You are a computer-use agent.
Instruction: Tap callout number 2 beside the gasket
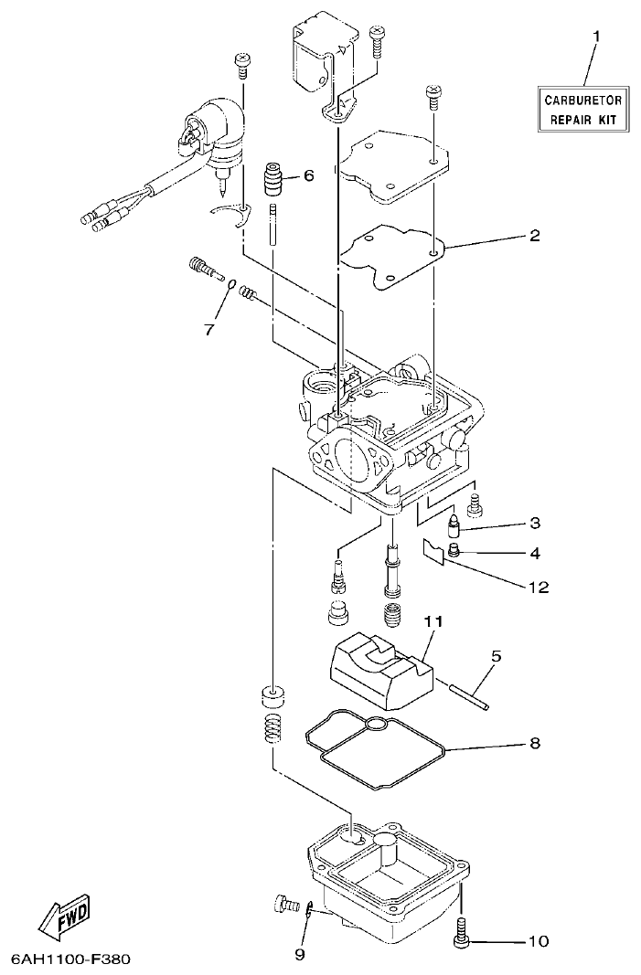click(534, 235)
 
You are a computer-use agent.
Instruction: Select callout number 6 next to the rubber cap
click(308, 175)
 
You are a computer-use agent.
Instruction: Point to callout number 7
click(208, 328)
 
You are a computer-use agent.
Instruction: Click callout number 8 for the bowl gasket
click(534, 743)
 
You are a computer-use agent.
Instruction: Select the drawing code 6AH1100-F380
click(71, 960)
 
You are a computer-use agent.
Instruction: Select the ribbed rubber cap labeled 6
click(272, 179)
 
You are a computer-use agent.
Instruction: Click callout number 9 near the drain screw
click(300, 955)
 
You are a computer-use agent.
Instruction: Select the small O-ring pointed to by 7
click(232, 283)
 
